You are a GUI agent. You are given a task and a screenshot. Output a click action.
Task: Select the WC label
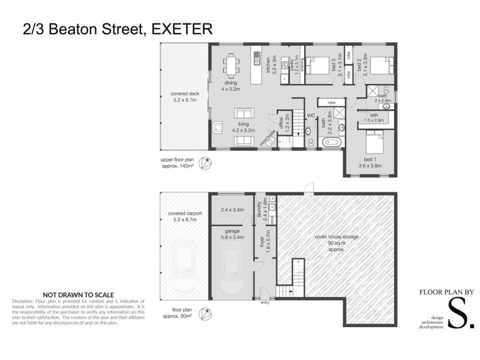pos(311,115)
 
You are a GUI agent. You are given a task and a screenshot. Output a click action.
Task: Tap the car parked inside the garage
pos(232,273)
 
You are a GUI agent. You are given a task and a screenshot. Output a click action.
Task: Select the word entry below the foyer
pos(265,302)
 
